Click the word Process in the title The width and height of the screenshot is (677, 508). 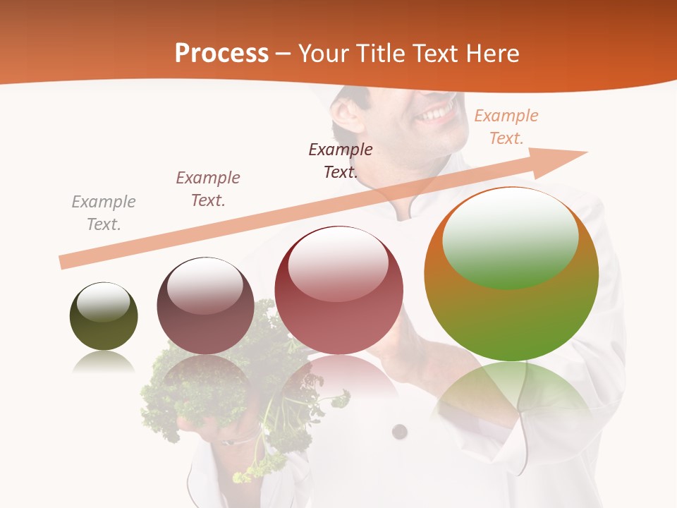221,54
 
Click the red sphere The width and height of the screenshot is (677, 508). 339,291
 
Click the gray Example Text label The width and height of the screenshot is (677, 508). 104,213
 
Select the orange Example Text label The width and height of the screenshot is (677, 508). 506,127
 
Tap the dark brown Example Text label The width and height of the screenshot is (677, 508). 341,160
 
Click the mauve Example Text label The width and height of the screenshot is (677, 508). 208,188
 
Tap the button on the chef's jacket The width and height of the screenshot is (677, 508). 400,431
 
